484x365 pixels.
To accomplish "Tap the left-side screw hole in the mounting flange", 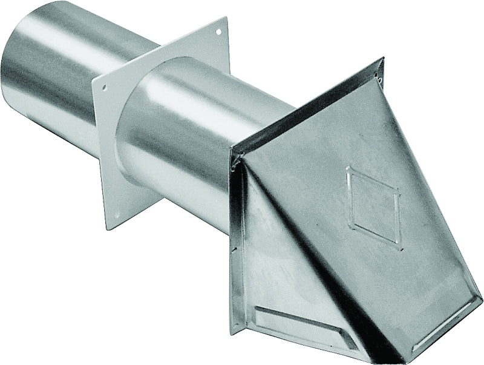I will click(104, 88).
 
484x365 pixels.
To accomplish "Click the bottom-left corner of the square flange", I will click(108, 229).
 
